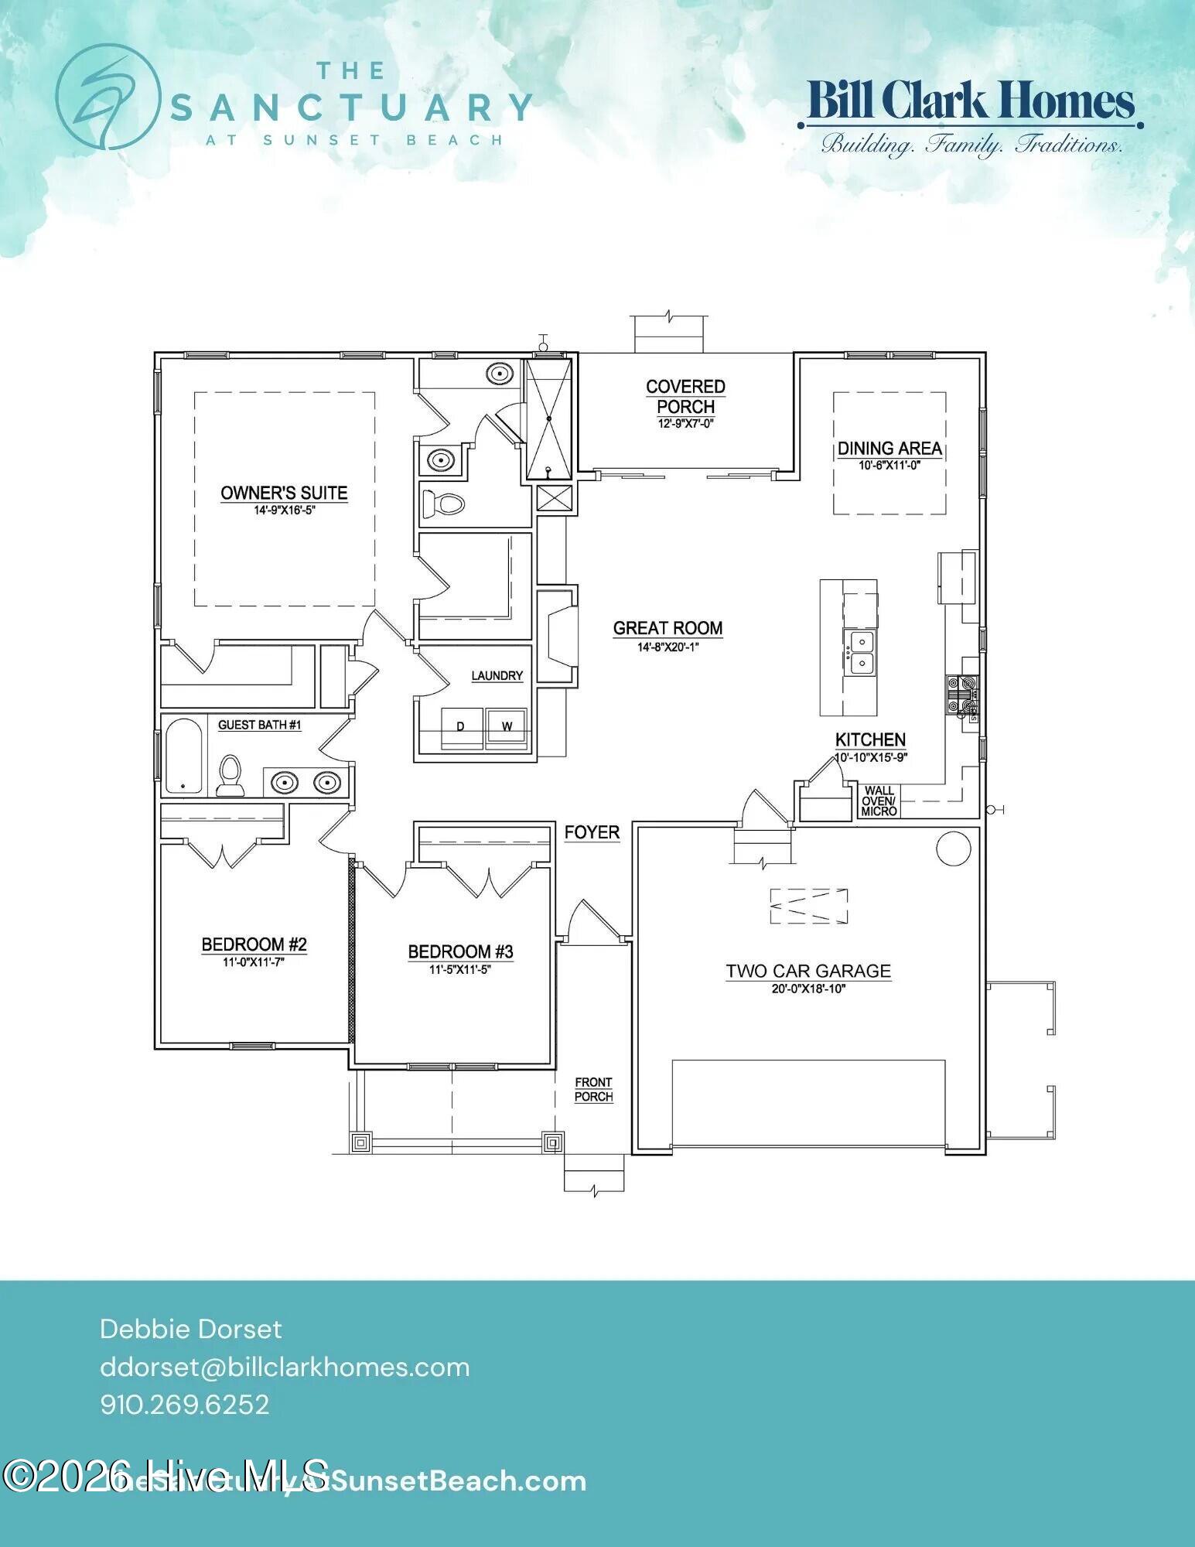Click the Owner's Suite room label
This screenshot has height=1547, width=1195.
click(x=284, y=493)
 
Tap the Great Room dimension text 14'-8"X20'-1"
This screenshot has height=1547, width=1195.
click(x=667, y=647)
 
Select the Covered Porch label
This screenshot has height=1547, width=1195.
click(x=685, y=395)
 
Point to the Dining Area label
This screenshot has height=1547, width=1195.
click(x=889, y=448)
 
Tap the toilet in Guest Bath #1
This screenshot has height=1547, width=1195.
click(x=230, y=776)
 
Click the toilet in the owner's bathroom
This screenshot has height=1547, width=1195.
click(x=443, y=505)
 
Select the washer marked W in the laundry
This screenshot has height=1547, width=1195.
click(x=507, y=727)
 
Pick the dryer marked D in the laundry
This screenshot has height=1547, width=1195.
click(x=461, y=727)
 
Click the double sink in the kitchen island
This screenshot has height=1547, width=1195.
click(x=861, y=653)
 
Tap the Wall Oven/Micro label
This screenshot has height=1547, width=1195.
click(x=879, y=801)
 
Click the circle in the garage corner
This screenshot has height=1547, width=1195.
click(x=953, y=849)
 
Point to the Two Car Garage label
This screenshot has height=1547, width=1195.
click(x=807, y=971)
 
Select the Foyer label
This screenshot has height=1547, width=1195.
click(x=592, y=832)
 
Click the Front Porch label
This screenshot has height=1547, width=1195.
click(x=593, y=1089)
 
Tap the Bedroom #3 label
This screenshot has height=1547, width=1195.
click(x=460, y=951)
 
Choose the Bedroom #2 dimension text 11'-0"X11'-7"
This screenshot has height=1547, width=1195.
click(x=254, y=961)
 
